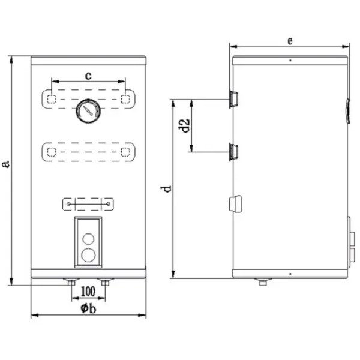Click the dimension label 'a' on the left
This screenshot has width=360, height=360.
coord(6,164)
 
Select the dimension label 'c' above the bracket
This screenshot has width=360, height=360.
coord(88,76)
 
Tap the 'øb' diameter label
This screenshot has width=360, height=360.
coord(88,308)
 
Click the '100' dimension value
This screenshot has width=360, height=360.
coord(88,292)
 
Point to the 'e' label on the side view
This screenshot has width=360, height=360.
coord(290,41)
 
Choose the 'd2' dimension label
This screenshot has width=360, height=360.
coord(184,125)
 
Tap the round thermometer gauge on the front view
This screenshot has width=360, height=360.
coord(88,111)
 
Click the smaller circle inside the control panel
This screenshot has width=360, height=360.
coord(88,239)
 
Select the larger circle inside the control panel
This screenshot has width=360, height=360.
coord(88,255)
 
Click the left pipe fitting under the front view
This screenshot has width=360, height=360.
coord(71,282)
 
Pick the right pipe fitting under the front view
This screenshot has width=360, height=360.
coord(105,282)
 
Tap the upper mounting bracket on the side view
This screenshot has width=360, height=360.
coord(233,99)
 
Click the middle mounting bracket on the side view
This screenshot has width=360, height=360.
coord(233,152)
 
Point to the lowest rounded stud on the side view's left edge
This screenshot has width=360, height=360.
coord(236,203)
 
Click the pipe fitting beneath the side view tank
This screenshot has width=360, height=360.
coord(263,282)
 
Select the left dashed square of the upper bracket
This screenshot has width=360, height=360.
coord(52,99)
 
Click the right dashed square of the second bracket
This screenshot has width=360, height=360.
coord(125,152)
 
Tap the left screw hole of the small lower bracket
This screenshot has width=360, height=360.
coord(68,204)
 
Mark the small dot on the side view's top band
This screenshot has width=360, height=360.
coord(290,61)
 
